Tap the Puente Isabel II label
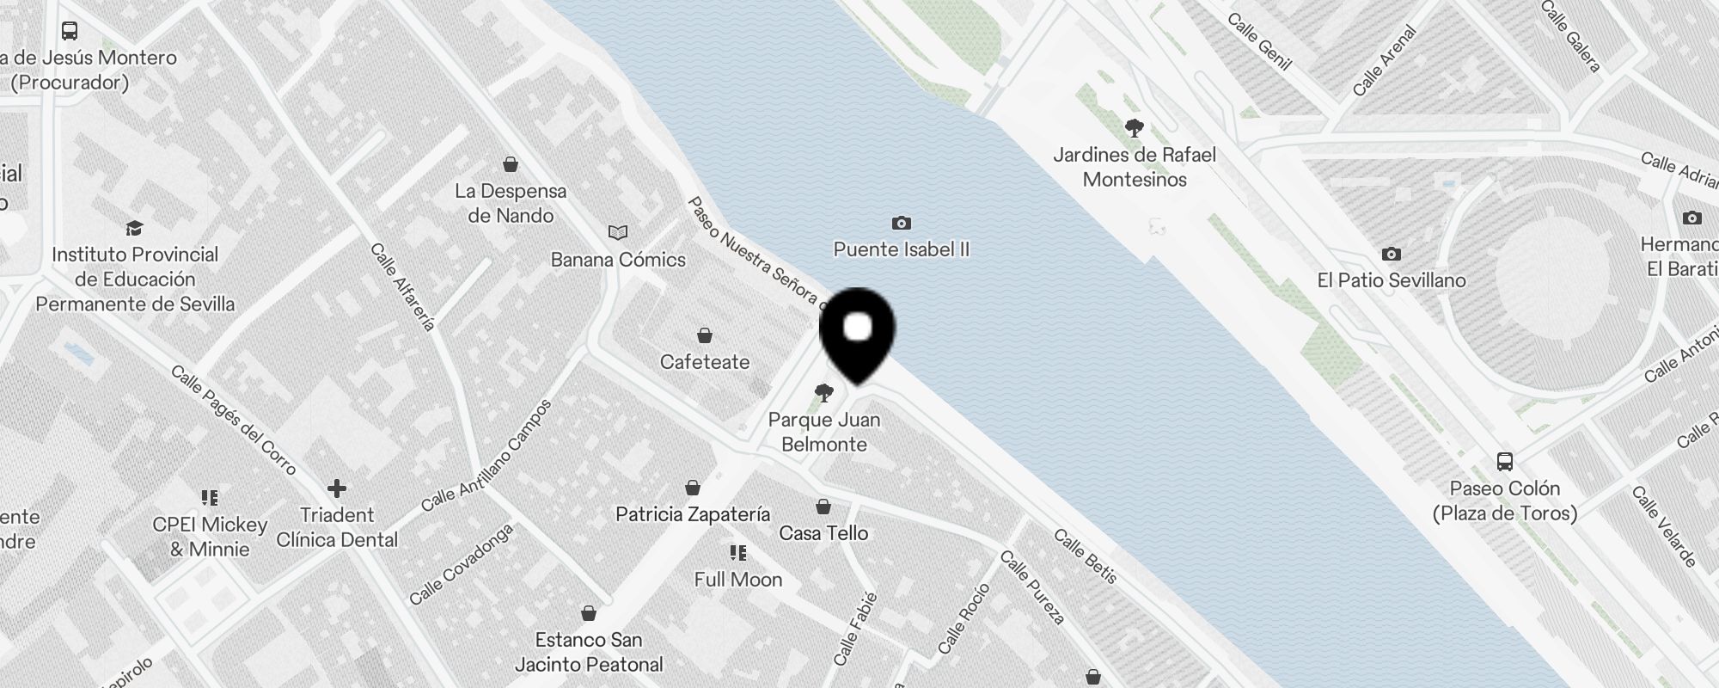[x=901, y=249]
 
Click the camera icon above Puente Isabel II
[x=901, y=224]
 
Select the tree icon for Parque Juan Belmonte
[x=823, y=394]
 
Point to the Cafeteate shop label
[x=705, y=362]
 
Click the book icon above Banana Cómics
[x=618, y=232]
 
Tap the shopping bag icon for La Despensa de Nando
[x=511, y=164]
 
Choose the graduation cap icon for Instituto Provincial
[x=134, y=228]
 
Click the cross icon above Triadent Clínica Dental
[x=337, y=488]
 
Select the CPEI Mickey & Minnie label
[x=210, y=537]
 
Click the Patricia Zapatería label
[x=693, y=514]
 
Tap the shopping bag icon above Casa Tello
[x=823, y=507]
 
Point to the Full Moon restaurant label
[x=738, y=580]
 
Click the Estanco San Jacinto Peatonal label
[x=589, y=652]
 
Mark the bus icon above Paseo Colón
[x=1505, y=462]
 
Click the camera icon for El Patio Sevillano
[x=1391, y=255]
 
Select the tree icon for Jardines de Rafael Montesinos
[x=1135, y=129]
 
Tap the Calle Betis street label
[x=1086, y=556]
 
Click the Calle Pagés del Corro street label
[x=233, y=421]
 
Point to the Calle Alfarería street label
[x=402, y=286]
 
